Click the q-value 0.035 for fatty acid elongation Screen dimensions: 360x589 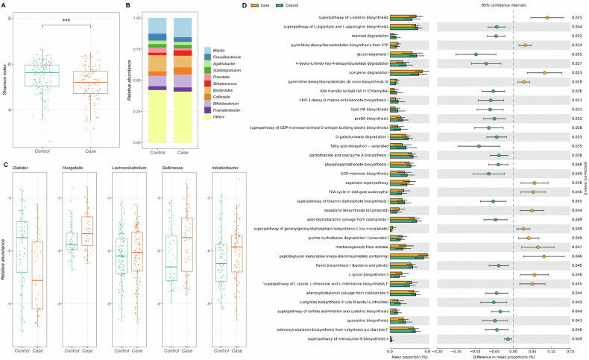click(x=576, y=146)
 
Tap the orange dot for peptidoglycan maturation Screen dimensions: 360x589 click(x=544, y=256)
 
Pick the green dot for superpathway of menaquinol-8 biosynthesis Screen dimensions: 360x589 click(x=508, y=339)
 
